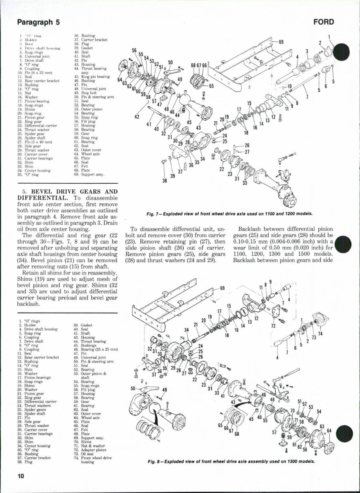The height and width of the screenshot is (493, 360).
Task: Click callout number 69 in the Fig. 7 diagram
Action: coord(281,42)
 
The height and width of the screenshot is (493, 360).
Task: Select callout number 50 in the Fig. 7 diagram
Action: coord(171,63)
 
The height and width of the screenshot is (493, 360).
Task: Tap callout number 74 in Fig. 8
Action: coord(320,334)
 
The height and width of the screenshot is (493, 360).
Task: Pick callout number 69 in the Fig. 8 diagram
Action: coord(223,288)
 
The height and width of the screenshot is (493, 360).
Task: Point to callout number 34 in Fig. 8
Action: coord(187,329)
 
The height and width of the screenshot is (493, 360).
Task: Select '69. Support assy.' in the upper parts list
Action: coord(89,174)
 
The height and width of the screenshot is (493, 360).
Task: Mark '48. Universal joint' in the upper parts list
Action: coord(89,88)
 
